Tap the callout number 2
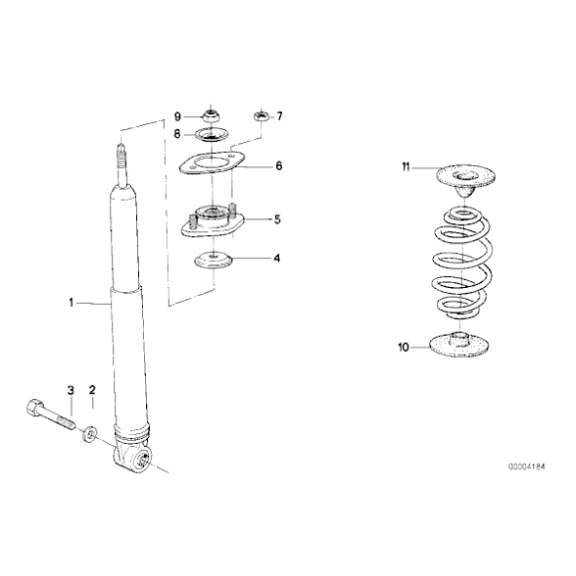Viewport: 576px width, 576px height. pos(92,390)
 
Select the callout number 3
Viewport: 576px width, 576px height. pos(71,390)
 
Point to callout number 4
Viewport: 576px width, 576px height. pos(277,258)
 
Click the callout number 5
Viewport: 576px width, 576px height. pos(277,219)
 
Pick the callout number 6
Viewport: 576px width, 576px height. pos(278,166)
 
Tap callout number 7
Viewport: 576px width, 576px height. pos(279,116)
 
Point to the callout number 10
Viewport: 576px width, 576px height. pos(403,348)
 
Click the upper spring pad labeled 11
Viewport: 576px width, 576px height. pos(465,177)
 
